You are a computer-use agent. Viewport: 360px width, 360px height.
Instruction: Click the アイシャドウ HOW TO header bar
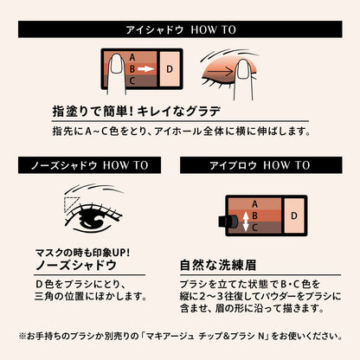pyautogui.click(x=180, y=29)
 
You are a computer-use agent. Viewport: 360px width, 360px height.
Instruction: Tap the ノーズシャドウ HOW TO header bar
pyautogui.click(x=89, y=165)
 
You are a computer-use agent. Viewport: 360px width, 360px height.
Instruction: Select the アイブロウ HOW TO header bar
pyautogui.click(x=261, y=165)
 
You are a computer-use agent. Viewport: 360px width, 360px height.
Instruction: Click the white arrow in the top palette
pyautogui.click(x=145, y=69)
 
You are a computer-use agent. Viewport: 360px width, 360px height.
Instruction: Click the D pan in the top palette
pyautogui.click(x=170, y=69)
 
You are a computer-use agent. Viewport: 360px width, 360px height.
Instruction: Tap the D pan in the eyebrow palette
pyautogui.click(x=294, y=215)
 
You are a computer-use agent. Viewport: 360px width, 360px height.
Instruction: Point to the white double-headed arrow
pyautogui.click(x=245, y=222)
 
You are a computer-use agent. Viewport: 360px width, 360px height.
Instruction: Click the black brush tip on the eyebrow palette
pyautogui.click(x=228, y=222)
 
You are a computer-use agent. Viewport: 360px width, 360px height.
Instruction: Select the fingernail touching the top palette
pyautogui.click(x=117, y=64)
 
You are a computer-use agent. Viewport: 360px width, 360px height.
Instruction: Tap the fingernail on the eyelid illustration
pyautogui.click(x=243, y=69)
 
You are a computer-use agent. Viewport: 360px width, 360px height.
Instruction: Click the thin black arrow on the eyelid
pyautogui.click(x=223, y=71)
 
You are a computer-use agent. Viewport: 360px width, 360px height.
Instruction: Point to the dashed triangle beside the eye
pyautogui.click(x=71, y=204)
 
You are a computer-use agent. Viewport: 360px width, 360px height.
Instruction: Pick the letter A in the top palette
pyautogui.click(x=132, y=57)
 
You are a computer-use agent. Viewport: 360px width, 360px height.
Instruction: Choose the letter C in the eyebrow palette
pyautogui.click(x=254, y=228)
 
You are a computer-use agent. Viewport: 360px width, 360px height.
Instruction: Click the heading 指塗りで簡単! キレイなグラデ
pyautogui.click(x=137, y=112)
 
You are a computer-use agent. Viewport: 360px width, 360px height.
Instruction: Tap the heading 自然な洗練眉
pyautogui.click(x=218, y=265)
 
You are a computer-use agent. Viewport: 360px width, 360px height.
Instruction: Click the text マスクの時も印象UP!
pyautogui.click(x=83, y=253)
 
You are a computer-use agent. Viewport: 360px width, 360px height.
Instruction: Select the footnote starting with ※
pyautogui.click(x=181, y=336)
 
